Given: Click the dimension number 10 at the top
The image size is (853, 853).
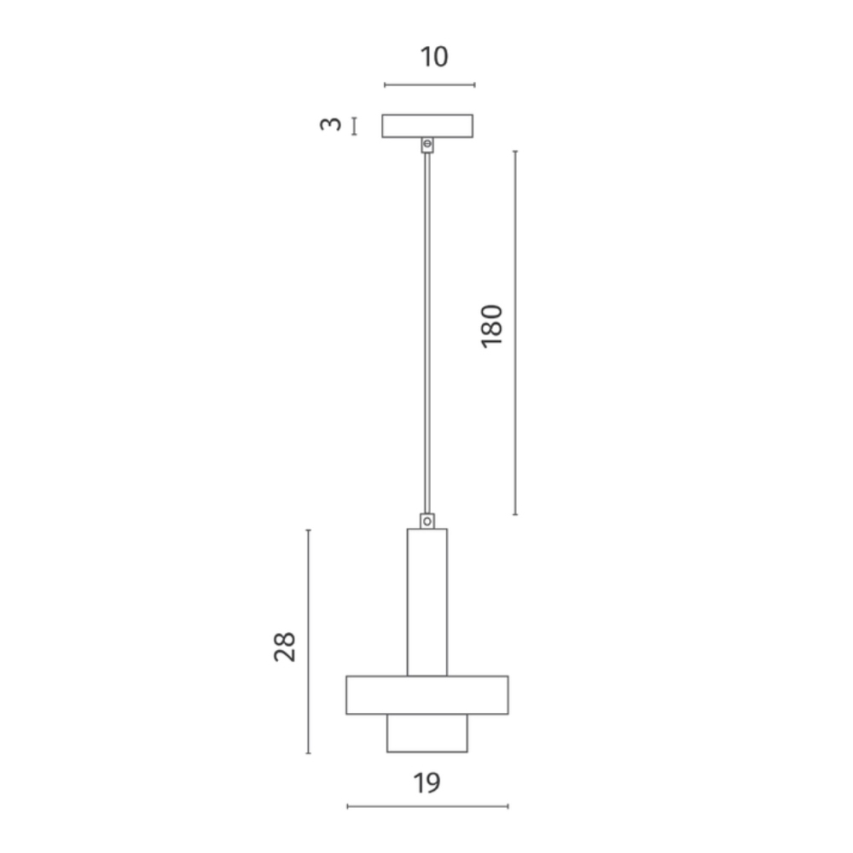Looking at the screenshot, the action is [434, 57].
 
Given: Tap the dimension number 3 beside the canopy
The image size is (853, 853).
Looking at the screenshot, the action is [331, 125].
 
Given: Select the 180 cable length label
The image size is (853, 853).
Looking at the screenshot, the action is [492, 326].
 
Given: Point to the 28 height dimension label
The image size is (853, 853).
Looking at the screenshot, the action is [285, 647].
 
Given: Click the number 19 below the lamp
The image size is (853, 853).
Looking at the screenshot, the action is [426, 783].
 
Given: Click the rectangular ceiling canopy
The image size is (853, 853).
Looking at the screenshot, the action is [427, 125].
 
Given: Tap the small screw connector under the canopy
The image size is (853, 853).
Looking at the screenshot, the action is [427, 145].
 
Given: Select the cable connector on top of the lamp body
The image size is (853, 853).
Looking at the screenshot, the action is [427, 521].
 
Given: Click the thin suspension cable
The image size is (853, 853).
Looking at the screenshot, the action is [427, 333].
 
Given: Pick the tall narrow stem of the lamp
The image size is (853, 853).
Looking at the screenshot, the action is [427, 602].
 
